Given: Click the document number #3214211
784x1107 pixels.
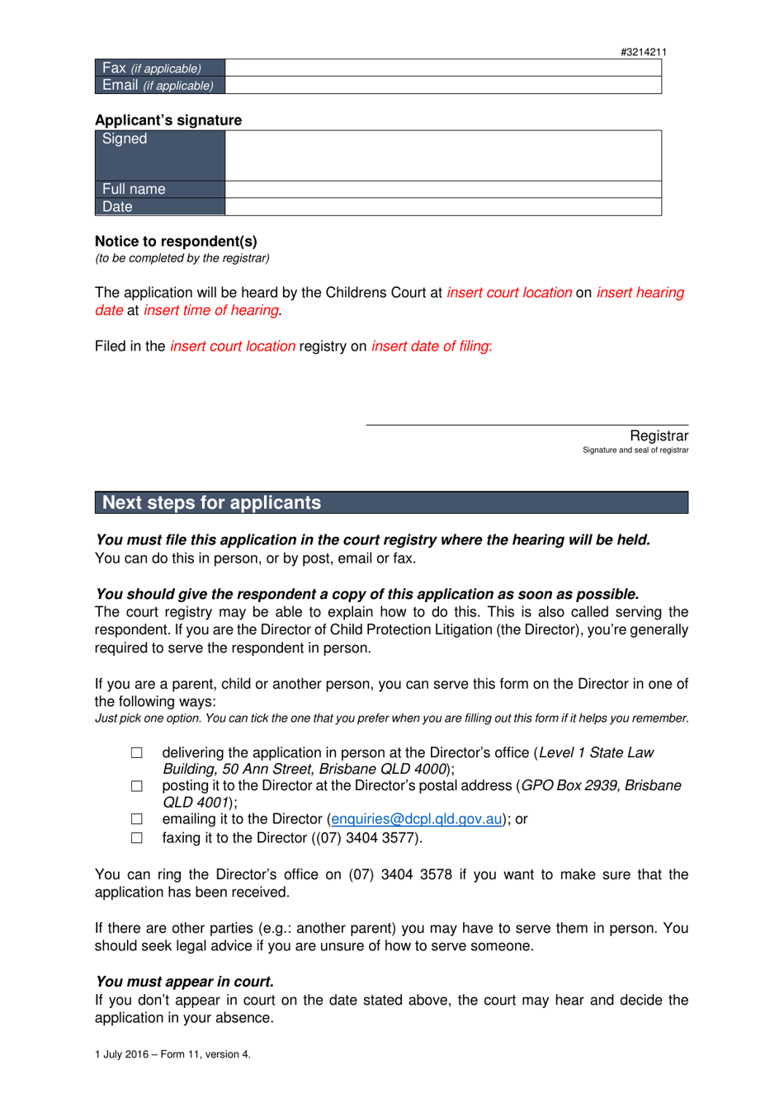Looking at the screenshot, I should coord(643,52).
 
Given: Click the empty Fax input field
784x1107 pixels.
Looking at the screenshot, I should coord(443,68).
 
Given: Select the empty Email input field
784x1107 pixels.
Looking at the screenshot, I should coord(443,85).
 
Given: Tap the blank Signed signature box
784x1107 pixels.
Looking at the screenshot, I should coord(443,155).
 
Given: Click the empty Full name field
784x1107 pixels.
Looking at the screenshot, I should coord(443,189).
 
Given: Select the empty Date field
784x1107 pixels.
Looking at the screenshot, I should coord(443,207).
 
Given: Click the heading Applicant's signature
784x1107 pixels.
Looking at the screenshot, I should coord(168,120).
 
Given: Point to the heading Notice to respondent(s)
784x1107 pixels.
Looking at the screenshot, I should coord(176,242).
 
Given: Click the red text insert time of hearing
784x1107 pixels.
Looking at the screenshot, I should coord(211,310).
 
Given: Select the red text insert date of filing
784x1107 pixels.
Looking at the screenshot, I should coord(430,346).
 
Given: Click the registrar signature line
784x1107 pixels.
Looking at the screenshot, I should coord(527,424).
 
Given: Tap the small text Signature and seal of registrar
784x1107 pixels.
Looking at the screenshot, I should coord(635,450).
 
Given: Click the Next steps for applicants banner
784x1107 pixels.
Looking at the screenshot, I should coord(391,502).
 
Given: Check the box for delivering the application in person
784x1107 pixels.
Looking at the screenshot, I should coord(137,753).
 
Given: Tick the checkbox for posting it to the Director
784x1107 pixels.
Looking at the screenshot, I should coord(137,786).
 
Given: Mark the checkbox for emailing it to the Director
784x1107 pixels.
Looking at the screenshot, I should coord(137,819).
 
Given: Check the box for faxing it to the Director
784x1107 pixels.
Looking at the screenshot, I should coord(137,838).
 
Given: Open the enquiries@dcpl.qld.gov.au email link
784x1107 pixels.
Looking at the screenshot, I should coord(417,819).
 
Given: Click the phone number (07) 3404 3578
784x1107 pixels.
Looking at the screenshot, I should coord(400,874).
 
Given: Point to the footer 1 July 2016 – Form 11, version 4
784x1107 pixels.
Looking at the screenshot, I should coord(172,1054).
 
